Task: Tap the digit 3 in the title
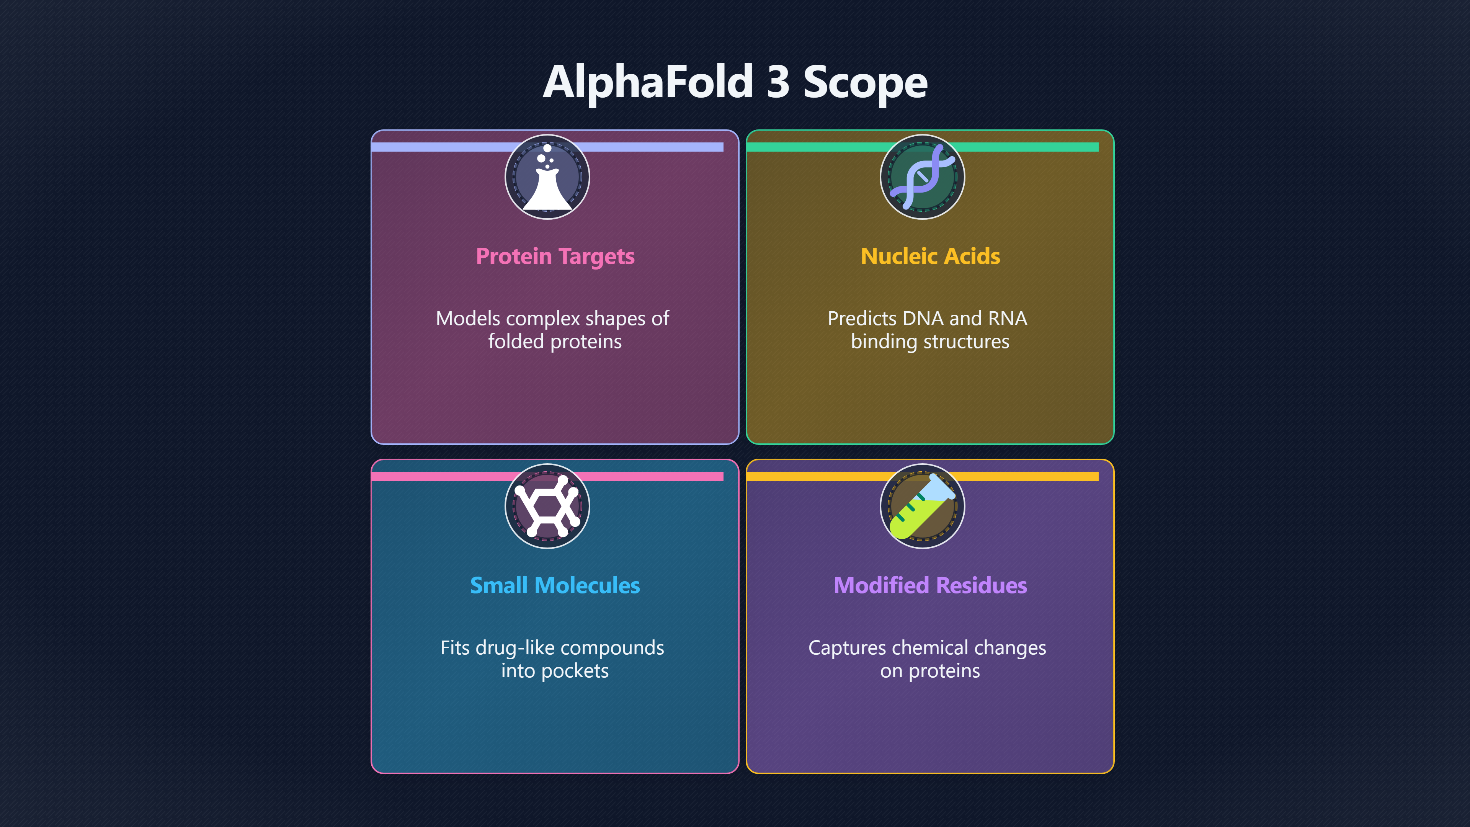778,82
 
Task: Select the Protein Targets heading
555,256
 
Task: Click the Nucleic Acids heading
930,256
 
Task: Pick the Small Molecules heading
555,585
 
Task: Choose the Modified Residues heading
930,585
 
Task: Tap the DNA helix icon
922,177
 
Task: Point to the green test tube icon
922,506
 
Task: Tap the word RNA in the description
1008,319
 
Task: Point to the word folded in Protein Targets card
516,341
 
